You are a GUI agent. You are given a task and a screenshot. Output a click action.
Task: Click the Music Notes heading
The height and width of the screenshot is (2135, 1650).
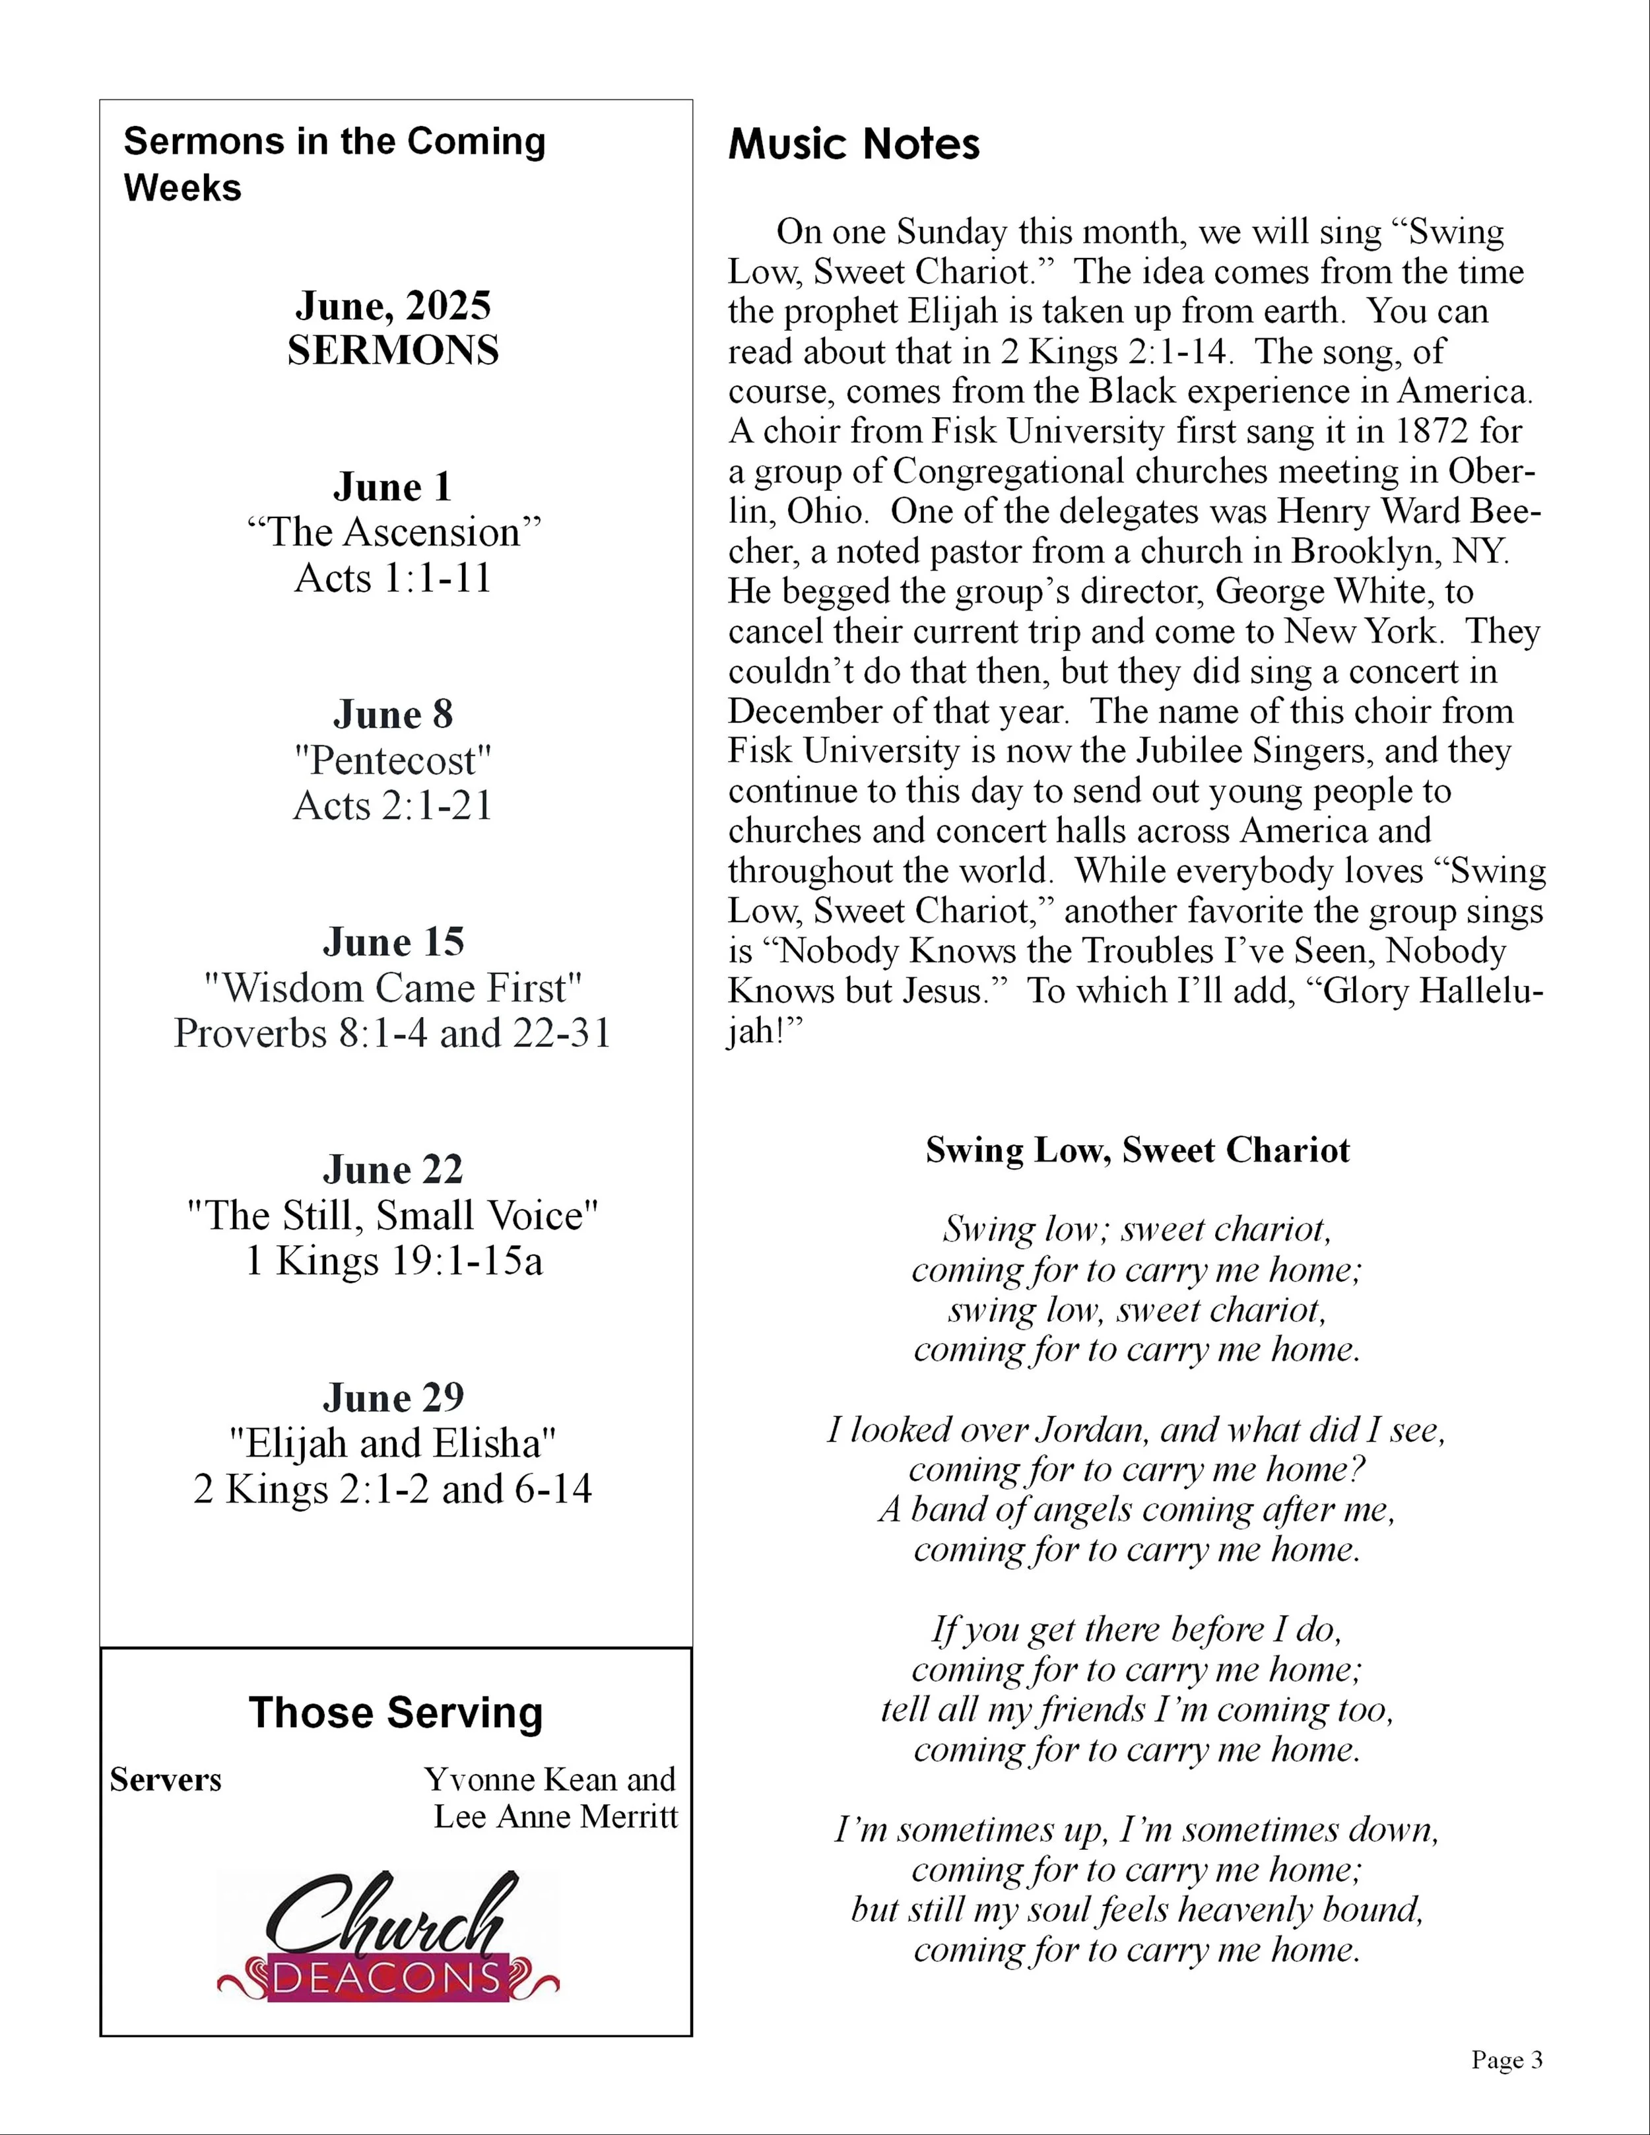click(853, 144)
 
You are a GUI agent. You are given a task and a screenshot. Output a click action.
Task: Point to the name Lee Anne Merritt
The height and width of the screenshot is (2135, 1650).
click(555, 1816)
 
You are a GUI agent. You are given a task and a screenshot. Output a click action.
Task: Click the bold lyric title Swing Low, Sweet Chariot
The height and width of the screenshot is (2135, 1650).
click(1137, 1150)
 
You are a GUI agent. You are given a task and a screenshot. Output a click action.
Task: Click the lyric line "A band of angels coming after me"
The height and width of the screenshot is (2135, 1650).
click(1137, 1509)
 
